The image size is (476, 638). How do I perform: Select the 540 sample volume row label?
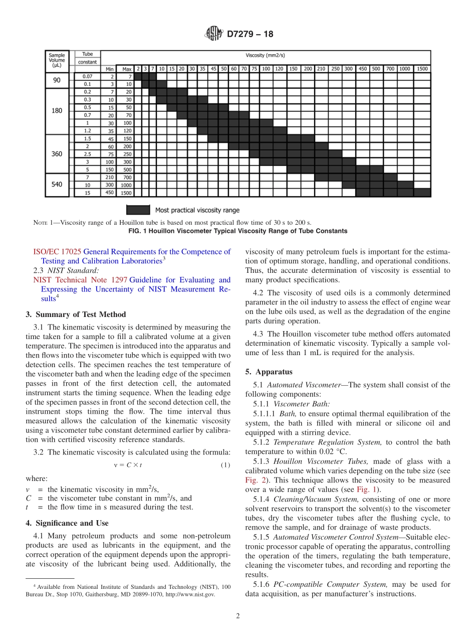tap(57, 185)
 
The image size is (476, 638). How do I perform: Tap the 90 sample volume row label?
tap(57, 80)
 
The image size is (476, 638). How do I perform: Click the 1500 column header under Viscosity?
tap(422, 69)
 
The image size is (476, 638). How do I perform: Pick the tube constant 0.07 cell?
tap(87, 76)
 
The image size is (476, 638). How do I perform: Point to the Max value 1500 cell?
tap(126, 193)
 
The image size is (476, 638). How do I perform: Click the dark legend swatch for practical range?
tap(138, 210)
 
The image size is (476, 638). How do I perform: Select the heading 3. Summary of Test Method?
tap(76, 314)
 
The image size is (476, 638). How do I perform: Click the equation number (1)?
tap(225, 465)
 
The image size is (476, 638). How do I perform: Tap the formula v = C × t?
tap(128, 465)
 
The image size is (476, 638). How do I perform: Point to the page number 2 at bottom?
tap(238, 616)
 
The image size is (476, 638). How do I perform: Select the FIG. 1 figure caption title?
tap(238, 231)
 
